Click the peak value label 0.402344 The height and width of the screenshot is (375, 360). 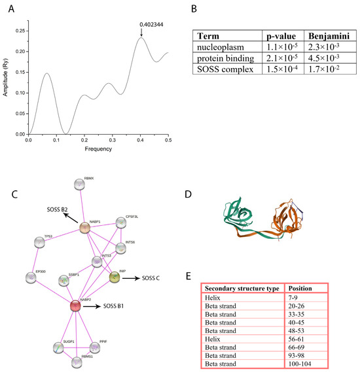(x=151, y=25)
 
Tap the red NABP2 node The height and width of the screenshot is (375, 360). (x=75, y=305)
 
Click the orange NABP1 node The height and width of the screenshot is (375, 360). (x=84, y=228)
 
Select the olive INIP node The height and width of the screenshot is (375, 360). (x=115, y=278)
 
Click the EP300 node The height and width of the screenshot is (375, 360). (x=31, y=277)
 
